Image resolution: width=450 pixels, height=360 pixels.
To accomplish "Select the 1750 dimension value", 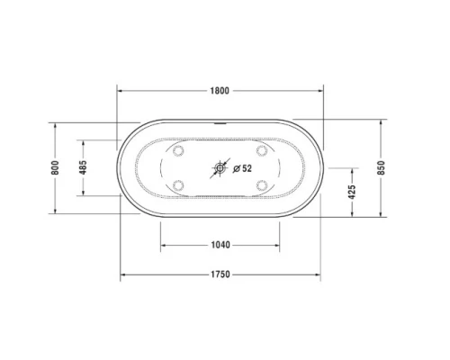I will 220,274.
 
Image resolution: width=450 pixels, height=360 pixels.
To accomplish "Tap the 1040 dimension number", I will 220,244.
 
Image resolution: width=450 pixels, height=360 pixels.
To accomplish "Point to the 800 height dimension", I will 56,168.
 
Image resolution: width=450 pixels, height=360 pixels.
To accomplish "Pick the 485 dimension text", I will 83,168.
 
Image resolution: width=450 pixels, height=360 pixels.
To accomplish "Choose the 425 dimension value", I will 353,191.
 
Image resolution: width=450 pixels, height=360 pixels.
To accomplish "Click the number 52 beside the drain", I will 247,168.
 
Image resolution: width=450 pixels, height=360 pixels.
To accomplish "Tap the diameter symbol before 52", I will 236,168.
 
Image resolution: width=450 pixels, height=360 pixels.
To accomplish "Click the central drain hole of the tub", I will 220,168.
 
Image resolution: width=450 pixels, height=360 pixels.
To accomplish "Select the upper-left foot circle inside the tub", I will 179,150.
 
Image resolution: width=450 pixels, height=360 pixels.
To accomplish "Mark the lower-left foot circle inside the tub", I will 179,186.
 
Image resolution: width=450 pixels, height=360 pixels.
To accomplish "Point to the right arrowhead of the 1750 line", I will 319,274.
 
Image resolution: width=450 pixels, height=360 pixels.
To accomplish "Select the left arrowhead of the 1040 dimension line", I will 164,244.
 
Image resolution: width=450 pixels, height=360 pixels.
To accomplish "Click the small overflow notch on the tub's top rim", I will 220,120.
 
